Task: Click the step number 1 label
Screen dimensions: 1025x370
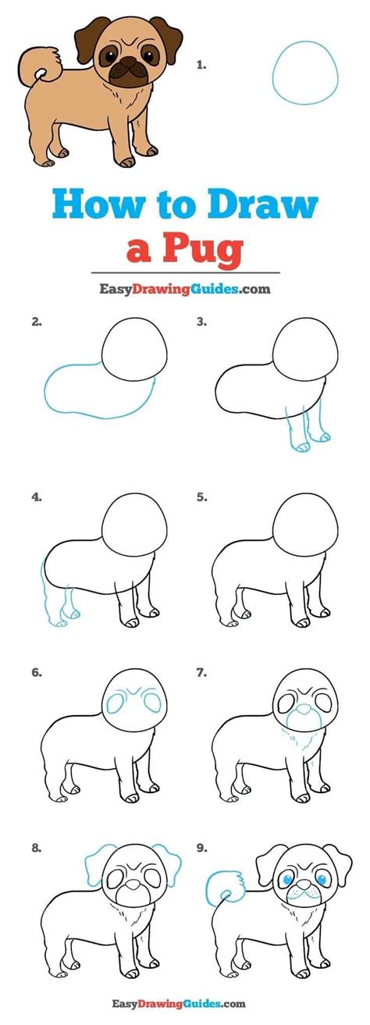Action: pos(201,66)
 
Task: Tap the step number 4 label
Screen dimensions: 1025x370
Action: pos(36,496)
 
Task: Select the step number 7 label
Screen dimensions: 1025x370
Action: pos(201,671)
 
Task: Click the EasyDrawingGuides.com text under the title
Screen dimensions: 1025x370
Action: pos(184,288)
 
